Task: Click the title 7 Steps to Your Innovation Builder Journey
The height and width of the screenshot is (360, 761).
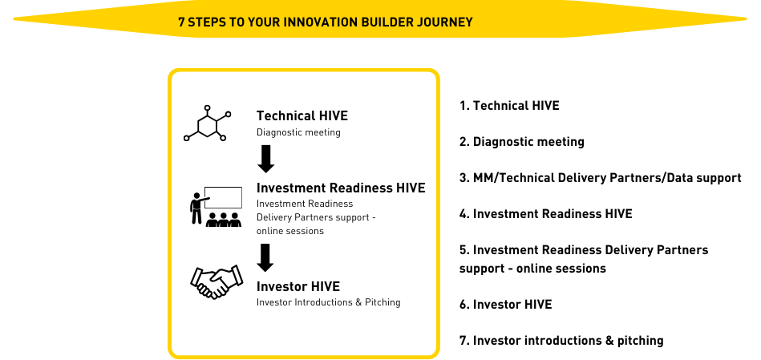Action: [x=326, y=22]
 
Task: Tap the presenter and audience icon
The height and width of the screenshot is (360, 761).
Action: [x=216, y=207]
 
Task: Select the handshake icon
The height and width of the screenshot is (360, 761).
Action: [x=217, y=281]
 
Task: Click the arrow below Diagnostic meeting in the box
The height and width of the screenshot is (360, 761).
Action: [x=266, y=159]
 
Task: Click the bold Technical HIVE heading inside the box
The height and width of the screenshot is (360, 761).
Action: [x=302, y=116]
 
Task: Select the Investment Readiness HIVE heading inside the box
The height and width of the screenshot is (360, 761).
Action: [x=341, y=188]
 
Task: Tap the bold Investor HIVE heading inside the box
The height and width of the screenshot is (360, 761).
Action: [x=298, y=286]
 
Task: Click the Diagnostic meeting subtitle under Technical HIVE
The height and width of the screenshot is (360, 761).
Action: [x=298, y=132]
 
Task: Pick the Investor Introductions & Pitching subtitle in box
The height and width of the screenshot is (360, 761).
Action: [x=329, y=302]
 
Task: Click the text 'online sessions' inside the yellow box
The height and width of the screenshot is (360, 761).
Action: [x=290, y=231]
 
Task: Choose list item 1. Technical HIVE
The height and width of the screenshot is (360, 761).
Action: [x=509, y=105]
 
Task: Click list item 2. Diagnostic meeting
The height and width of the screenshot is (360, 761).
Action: [x=522, y=142]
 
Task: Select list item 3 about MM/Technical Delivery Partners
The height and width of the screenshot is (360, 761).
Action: [x=601, y=177]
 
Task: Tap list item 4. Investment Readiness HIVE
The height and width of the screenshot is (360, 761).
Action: [x=546, y=213]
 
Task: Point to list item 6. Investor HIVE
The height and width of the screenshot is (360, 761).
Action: [x=506, y=304]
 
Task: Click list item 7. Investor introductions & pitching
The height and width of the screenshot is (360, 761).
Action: [x=561, y=341]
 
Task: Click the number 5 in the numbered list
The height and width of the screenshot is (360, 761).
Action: [x=463, y=250]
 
